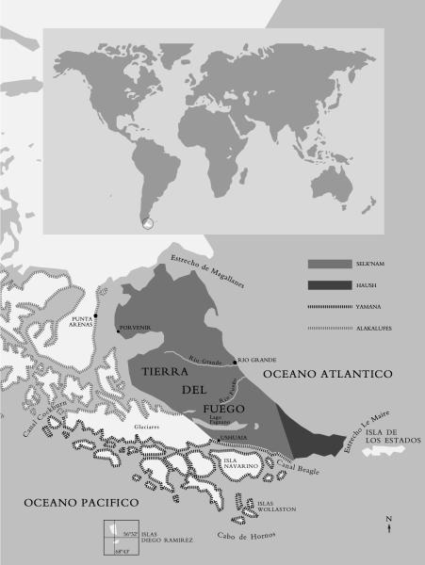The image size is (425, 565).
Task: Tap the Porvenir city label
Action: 134,330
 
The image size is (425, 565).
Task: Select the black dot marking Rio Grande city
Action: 235,361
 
